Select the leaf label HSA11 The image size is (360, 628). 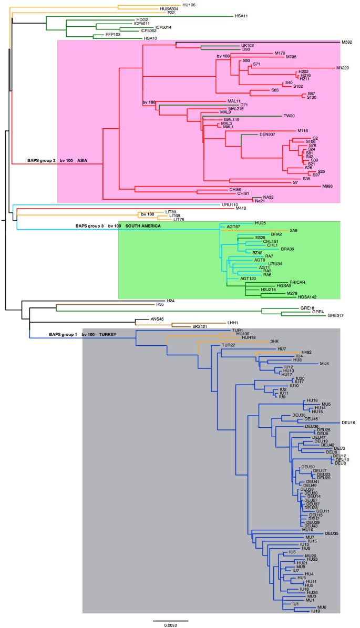point(242,16)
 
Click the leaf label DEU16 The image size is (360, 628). point(348,423)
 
